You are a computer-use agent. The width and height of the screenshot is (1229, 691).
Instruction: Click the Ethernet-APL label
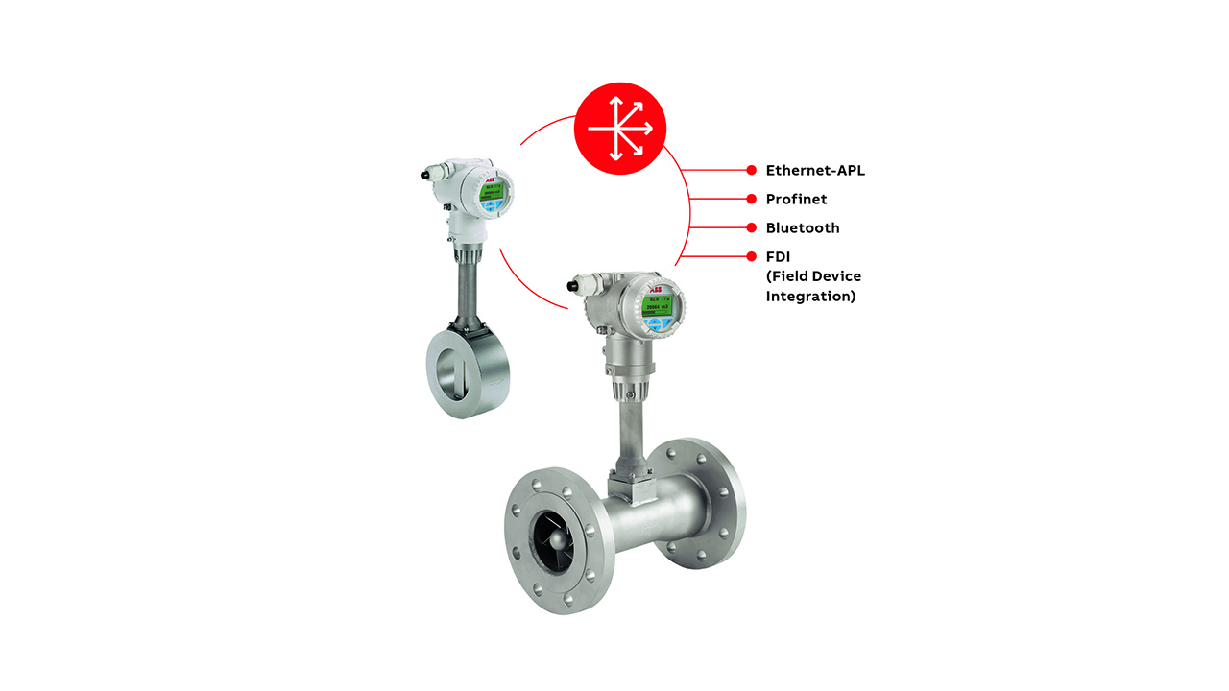pos(815,171)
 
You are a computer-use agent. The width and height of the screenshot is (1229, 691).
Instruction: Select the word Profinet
pos(796,200)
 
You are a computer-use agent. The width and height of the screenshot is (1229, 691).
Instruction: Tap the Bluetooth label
pos(802,228)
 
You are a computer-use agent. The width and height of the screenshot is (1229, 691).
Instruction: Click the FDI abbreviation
pos(778,257)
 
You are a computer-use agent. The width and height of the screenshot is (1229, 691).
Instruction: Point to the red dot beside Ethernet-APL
pos(752,170)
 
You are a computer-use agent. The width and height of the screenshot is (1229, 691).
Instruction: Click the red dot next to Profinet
pos(752,199)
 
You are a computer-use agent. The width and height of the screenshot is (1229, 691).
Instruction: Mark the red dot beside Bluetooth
pos(752,227)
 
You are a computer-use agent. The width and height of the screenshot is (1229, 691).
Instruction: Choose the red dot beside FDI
pos(752,256)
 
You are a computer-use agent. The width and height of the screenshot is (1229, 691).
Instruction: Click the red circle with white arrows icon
pos(619,129)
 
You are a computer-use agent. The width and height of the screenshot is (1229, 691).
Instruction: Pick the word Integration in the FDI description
pos(810,297)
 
